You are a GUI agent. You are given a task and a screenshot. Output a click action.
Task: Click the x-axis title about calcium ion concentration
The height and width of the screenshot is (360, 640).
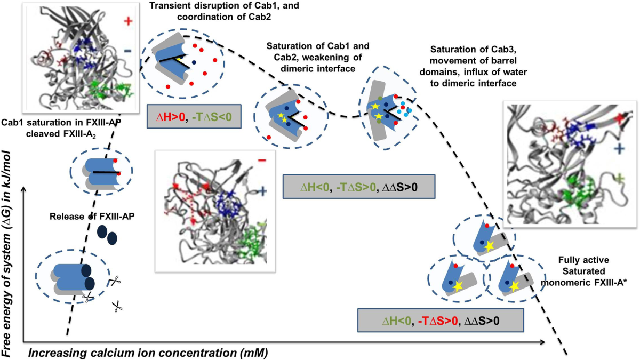[x=147, y=353]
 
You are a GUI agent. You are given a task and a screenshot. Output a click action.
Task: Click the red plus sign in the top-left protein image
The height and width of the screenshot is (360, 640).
[x=127, y=21]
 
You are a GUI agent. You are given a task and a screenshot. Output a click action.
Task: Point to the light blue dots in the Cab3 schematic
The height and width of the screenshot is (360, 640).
[x=407, y=109]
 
